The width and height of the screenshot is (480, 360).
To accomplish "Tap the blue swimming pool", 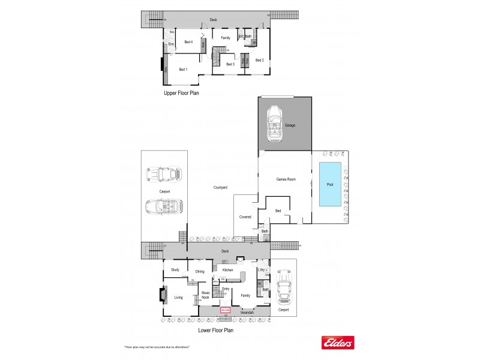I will [x=329, y=185].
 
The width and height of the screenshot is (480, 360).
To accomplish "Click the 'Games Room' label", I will [x=286, y=179].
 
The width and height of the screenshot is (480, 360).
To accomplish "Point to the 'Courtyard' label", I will [x=220, y=188].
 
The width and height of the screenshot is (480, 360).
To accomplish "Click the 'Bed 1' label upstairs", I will [x=183, y=70].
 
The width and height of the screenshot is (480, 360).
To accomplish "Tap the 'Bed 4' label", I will [x=188, y=42].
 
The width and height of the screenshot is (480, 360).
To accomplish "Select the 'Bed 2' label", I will [x=259, y=60].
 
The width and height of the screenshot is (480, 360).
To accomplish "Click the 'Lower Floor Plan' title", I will [x=215, y=329].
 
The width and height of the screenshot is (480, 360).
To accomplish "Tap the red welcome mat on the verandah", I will [x=226, y=310].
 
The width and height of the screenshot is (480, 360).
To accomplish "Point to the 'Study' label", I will [x=175, y=270].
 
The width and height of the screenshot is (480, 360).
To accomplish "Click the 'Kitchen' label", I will [x=227, y=270].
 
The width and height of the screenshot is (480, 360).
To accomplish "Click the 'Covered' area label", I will [x=245, y=217].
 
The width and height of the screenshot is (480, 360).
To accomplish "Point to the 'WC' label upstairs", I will [x=241, y=37].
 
